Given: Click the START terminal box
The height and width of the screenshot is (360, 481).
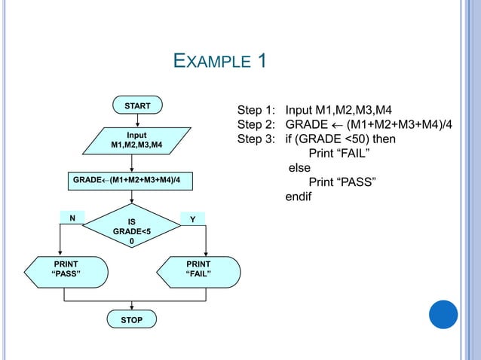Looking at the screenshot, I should (x=136, y=107).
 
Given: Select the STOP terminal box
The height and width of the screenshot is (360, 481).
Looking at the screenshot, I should (x=132, y=321).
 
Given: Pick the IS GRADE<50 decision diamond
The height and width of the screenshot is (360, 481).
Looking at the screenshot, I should (x=132, y=231).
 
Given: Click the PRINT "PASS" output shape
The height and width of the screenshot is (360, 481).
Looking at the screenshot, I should (x=65, y=269).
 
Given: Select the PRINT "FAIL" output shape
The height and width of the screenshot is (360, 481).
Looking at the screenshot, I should (x=199, y=269).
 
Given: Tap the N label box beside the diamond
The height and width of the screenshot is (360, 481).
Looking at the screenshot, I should (x=72, y=218).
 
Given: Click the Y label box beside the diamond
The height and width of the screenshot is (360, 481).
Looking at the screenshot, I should (x=193, y=218).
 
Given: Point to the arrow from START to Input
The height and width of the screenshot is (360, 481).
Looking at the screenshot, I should (x=132, y=121).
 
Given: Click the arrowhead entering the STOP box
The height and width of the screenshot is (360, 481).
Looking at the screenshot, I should (x=132, y=307).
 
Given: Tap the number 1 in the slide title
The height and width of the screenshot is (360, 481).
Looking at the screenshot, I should (x=262, y=60).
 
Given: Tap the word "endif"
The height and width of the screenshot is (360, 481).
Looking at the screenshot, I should (x=298, y=198).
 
